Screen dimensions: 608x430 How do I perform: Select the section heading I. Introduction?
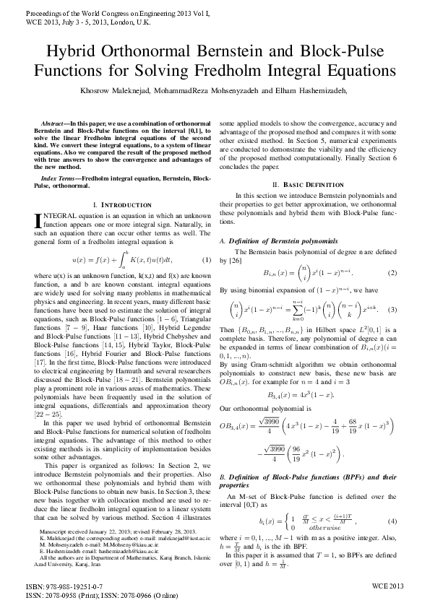point(123,205)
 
